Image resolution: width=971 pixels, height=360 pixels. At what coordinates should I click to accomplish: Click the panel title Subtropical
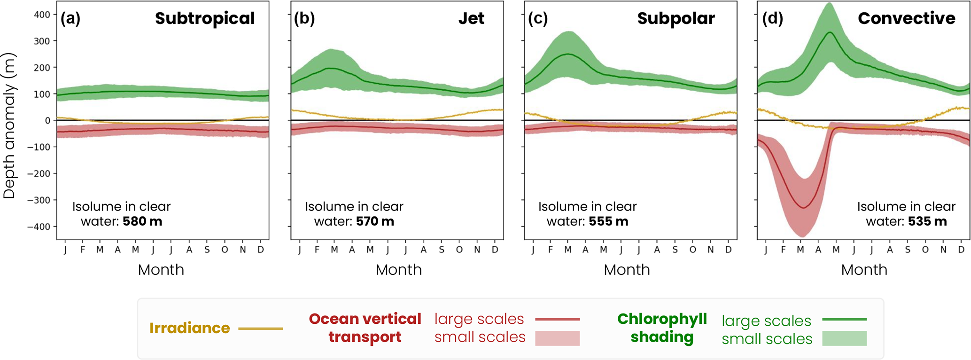[205, 18]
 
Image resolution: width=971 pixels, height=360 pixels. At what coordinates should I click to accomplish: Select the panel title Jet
[471, 18]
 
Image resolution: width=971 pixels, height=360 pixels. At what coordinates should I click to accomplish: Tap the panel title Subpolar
[676, 18]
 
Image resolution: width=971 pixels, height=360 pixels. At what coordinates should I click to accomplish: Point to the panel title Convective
[906, 18]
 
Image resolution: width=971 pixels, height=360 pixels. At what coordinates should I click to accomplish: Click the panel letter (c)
[537, 18]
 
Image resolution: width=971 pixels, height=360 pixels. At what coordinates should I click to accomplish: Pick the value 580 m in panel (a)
[142, 221]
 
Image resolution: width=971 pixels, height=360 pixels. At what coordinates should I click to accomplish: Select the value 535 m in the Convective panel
[927, 221]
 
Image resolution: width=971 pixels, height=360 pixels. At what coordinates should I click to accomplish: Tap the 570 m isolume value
[375, 221]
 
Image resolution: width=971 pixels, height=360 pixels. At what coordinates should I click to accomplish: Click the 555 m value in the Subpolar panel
[608, 221]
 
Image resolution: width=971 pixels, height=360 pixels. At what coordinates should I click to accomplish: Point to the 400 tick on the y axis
[42, 15]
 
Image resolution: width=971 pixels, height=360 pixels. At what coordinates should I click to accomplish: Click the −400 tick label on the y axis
[39, 227]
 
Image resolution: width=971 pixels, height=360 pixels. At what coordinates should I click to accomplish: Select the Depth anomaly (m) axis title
[9, 126]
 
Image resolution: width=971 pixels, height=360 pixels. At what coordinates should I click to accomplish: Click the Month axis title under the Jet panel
[398, 270]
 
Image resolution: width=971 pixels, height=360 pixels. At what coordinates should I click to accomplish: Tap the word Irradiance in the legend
[190, 328]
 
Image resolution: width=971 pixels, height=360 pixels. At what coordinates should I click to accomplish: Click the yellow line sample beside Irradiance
[261, 329]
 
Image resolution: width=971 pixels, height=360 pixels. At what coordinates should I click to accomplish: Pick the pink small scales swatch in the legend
[557, 338]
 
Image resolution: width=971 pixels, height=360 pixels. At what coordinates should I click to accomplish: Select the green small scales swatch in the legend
[844, 338]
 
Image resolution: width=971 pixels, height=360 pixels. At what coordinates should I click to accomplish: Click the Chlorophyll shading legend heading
[662, 328]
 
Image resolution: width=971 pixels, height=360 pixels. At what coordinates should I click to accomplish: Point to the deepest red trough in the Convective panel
[803, 208]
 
